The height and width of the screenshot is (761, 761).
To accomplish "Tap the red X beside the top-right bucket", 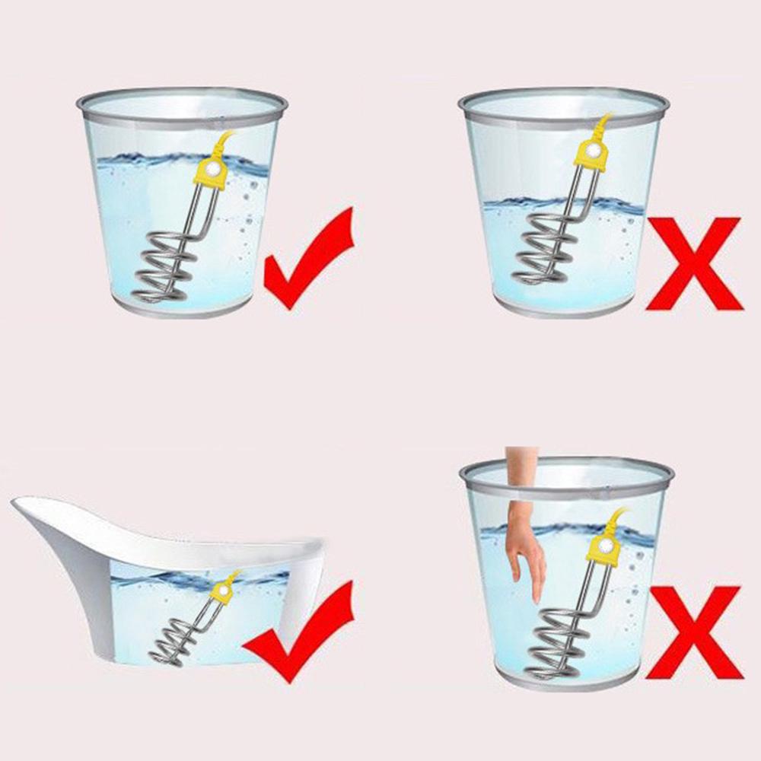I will coord(693,263).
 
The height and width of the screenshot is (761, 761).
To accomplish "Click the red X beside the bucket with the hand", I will coord(693,632).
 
